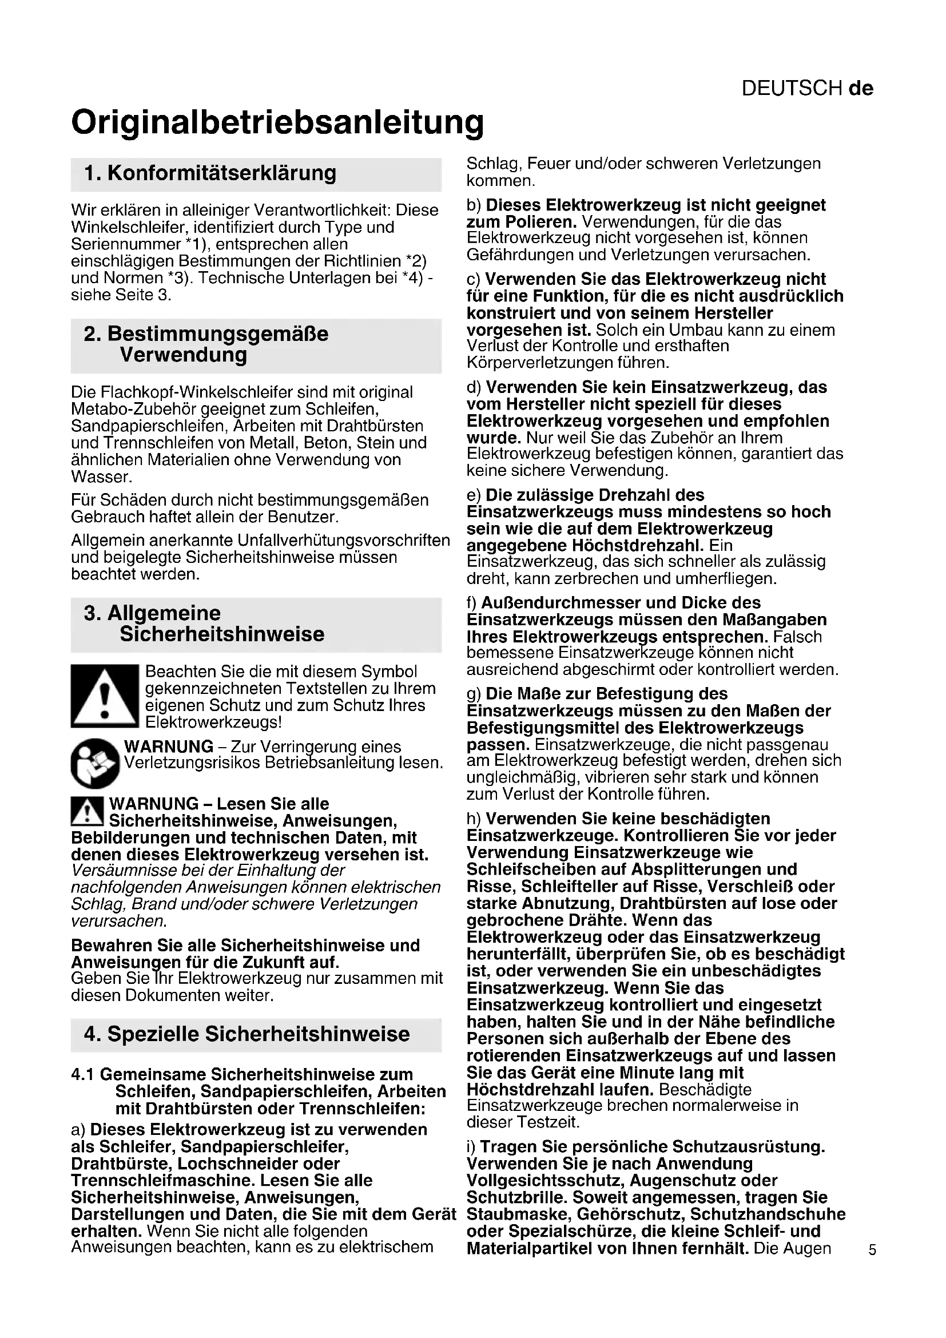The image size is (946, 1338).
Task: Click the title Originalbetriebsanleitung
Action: [x=277, y=123]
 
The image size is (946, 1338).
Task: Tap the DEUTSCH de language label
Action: [x=808, y=88]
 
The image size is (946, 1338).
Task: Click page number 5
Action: [x=872, y=1249]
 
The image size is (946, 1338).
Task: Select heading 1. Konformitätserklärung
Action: [x=210, y=173]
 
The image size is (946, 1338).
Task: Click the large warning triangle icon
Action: [x=105, y=696]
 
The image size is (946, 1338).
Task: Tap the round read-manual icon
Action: [x=95, y=763]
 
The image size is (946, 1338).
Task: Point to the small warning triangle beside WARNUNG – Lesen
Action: [x=87, y=812]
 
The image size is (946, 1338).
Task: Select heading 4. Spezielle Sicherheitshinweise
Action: [x=247, y=1034]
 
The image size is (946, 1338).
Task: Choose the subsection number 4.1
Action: [x=84, y=1074]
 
